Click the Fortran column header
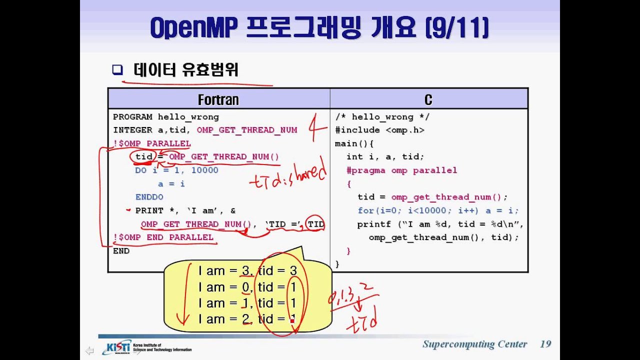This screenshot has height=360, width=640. click(218, 99)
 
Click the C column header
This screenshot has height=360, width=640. click(428, 99)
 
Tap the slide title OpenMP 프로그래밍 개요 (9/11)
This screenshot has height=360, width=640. click(319, 28)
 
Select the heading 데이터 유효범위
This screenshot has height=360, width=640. click(186, 70)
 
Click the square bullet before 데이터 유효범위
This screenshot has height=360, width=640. click(117, 70)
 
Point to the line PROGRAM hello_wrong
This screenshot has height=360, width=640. click(166, 117)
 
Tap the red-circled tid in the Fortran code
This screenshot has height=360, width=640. click(143, 157)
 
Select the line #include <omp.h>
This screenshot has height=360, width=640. click(379, 130)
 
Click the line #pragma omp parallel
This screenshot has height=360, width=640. click(402, 170)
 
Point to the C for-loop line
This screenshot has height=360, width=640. click(438, 210)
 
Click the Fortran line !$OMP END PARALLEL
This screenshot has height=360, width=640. click(163, 237)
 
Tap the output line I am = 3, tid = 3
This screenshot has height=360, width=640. click(247, 271)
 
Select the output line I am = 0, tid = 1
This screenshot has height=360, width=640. click(247, 287)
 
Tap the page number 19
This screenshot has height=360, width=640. click(545, 344)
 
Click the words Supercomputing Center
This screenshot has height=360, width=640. click(474, 344)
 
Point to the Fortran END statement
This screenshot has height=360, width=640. click(121, 251)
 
